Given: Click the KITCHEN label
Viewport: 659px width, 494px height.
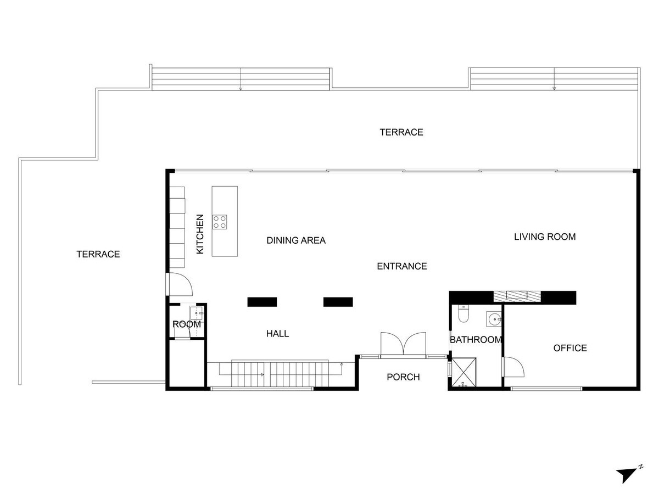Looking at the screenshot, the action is coord(200,234).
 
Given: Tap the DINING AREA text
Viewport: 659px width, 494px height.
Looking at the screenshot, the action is coord(296,240).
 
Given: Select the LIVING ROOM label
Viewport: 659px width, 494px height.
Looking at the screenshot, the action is coord(545,237).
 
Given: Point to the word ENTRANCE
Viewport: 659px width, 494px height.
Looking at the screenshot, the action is coord(402,266).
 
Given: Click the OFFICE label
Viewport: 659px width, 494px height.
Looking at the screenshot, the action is coord(570,348).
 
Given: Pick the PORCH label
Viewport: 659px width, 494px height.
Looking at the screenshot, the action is coord(403,377).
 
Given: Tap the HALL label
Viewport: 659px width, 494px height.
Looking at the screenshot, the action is coord(277,334).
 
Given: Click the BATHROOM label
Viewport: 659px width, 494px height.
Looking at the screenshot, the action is coord(476,340).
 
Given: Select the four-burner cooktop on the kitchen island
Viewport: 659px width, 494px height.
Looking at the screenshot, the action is coord(220,222).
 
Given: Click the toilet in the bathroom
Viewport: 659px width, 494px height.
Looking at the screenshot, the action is coord(463,314).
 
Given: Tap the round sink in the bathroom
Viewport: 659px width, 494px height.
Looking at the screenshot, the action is coord(494,319).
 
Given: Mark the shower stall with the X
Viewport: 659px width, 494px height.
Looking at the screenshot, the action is coord(464,372).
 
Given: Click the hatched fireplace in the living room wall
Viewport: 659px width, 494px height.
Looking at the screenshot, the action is coord(517,296).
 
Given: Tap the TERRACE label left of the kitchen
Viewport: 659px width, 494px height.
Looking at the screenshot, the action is coord(98,254).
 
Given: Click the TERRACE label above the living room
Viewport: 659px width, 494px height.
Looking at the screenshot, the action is coord(401,132).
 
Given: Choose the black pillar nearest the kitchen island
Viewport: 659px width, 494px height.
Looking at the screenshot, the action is coord(262,302).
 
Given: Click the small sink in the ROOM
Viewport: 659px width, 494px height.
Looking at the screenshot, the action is coord(197,313).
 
